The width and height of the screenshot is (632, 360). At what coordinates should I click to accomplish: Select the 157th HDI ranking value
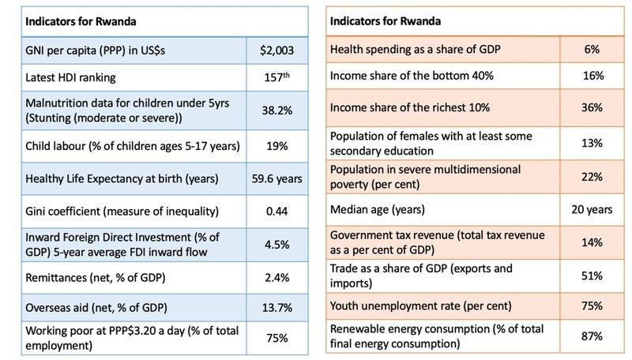(x=276, y=78)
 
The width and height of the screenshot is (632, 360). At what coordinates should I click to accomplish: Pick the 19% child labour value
(x=276, y=145)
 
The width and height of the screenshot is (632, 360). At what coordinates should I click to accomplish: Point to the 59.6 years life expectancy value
(x=276, y=178)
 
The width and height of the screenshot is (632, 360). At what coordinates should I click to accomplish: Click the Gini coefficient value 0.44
(x=276, y=211)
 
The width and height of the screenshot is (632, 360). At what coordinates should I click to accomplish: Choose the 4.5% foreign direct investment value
(x=276, y=244)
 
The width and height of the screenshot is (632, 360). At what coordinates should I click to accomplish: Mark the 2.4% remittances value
(x=276, y=278)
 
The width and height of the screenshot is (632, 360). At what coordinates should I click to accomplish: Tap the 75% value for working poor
(x=276, y=338)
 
